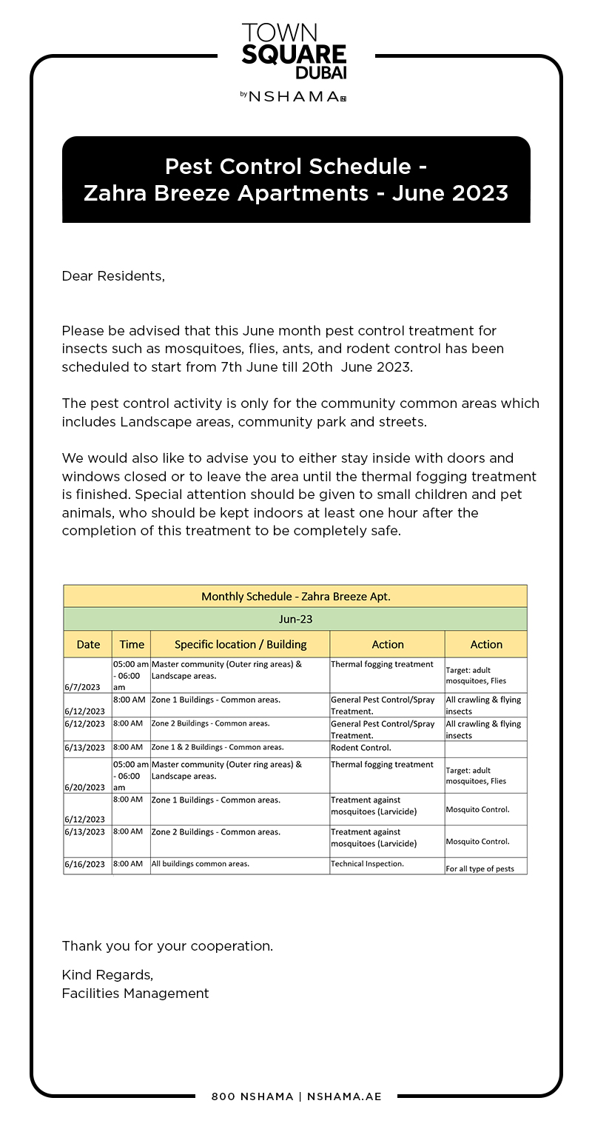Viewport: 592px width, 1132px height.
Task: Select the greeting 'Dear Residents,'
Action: (x=113, y=276)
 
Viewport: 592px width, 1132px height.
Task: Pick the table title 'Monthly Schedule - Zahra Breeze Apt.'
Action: (x=295, y=596)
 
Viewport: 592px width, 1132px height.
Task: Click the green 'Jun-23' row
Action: (x=295, y=619)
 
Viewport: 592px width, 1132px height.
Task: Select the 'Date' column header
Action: (x=88, y=644)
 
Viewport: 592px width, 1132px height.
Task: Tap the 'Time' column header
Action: (x=132, y=644)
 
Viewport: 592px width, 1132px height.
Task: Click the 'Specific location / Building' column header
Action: (x=240, y=644)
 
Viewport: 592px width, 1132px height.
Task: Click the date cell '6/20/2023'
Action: (x=84, y=787)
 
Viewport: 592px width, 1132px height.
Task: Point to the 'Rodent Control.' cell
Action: (x=361, y=747)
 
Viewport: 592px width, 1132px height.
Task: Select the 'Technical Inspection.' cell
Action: (x=367, y=863)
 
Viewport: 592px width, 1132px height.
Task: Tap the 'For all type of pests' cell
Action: (x=480, y=868)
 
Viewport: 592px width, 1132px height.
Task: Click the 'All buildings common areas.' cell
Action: (x=201, y=863)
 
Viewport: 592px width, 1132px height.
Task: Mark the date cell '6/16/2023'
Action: (x=84, y=864)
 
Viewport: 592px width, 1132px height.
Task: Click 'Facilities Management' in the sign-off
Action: (x=135, y=994)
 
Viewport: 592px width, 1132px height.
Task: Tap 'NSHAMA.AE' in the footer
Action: (x=344, y=1096)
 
